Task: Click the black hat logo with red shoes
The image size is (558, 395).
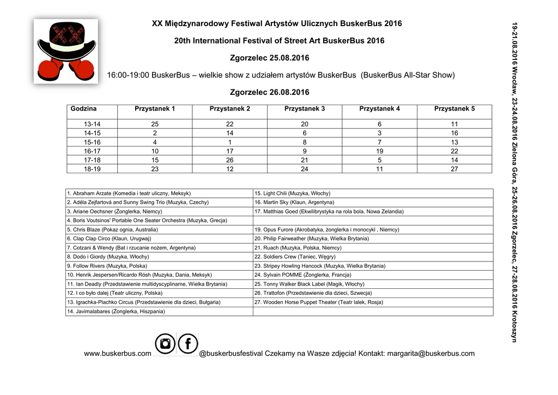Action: click(65, 51)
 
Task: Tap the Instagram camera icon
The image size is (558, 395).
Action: click(165, 344)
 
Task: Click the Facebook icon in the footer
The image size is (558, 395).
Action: click(188, 344)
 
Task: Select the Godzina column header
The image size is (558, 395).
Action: click(83, 109)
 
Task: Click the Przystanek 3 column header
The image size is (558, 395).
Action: click(305, 109)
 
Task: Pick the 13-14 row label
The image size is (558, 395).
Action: click(92, 124)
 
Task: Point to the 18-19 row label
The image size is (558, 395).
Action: click(92, 169)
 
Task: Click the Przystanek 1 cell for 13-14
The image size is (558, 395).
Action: click(155, 124)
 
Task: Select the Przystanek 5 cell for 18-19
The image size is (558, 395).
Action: click(454, 169)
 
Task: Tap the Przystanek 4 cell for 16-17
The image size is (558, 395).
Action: click(379, 151)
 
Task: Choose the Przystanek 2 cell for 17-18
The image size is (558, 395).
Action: click(230, 160)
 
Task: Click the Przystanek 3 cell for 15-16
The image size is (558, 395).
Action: click(305, 142)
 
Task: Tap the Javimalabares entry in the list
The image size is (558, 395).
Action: click(116, 311)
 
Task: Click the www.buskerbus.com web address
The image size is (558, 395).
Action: click(118, 354)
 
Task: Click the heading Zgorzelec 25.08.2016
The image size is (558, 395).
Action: click(270, 58)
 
